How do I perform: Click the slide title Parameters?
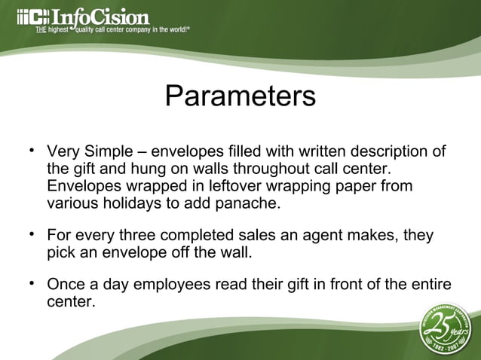(240, 97)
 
